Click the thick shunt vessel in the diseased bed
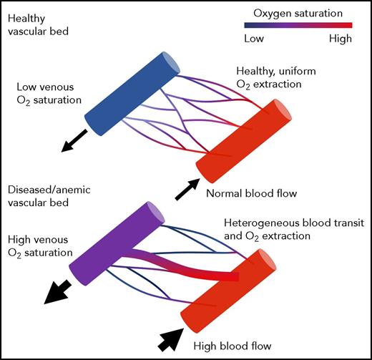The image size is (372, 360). coord(193,265)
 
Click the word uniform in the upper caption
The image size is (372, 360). coord(292,84)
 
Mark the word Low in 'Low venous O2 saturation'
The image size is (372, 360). coord(26,87)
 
